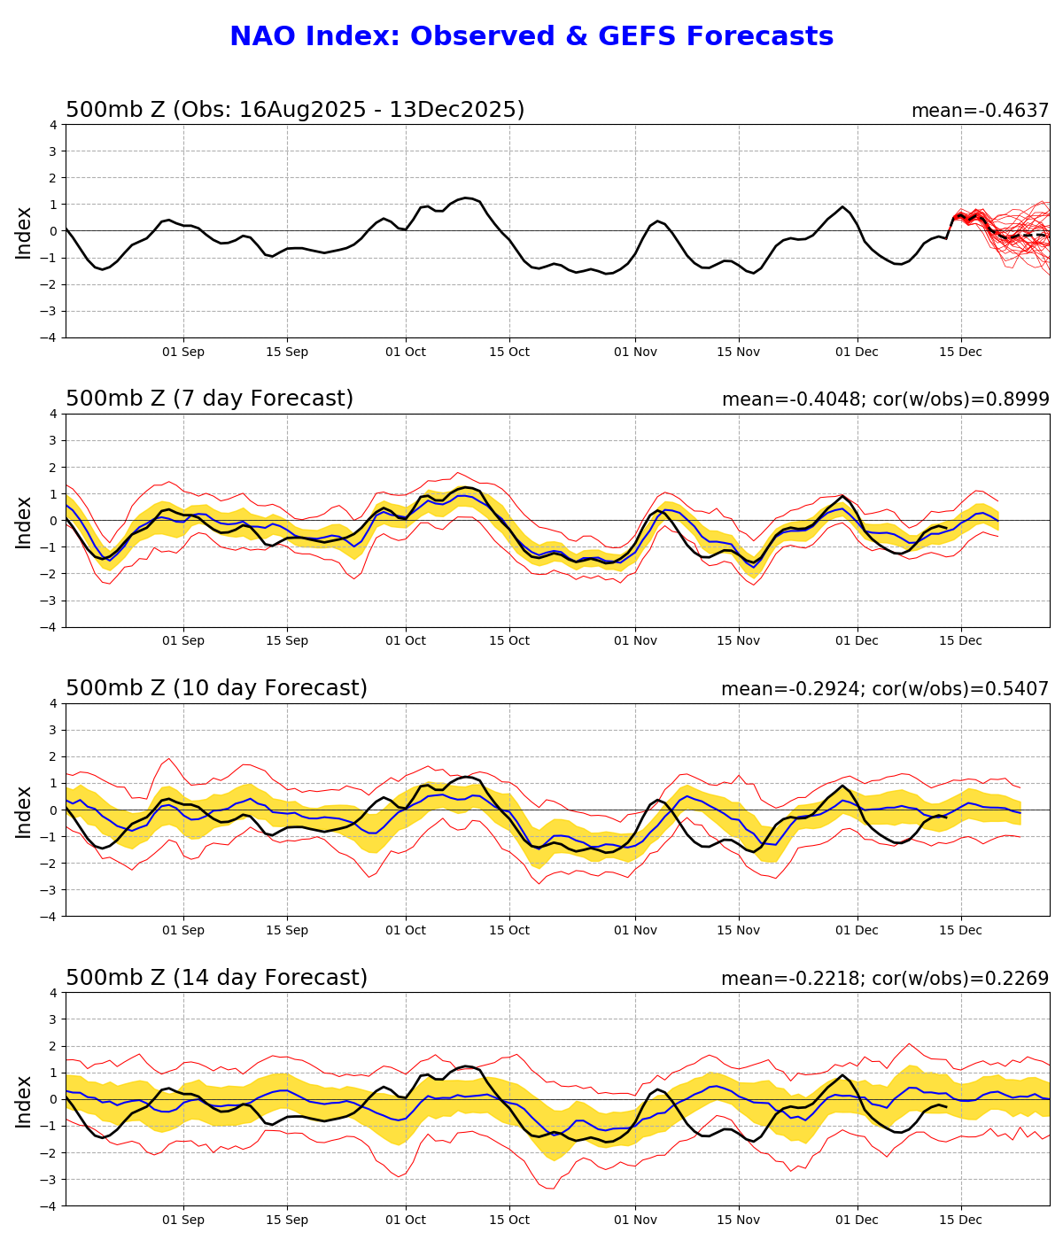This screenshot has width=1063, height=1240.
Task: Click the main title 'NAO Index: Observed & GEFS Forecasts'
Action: click(531, 37)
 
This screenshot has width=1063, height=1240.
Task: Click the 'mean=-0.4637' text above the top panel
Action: click(980, 111)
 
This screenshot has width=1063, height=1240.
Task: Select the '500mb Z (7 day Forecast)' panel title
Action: click(209, 399)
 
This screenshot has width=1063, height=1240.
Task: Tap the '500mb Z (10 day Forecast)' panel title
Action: click(216, 689)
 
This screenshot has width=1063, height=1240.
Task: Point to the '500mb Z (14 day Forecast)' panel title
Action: click(216, 979)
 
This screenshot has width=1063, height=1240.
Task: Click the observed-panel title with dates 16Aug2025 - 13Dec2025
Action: click(295, 111)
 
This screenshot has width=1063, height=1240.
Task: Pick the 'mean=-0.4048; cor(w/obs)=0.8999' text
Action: click(885, 399)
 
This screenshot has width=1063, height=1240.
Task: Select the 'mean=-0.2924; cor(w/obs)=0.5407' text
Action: click(884, 689)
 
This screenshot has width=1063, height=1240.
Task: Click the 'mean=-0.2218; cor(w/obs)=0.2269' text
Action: click(884, 979)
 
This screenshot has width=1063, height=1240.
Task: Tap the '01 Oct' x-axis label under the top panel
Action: click(406, 352)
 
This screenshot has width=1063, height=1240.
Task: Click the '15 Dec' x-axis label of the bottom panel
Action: click(960, 1220)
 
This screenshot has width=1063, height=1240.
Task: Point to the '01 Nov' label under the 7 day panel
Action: click(635, 641)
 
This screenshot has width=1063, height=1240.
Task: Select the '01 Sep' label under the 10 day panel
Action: click(183, 930)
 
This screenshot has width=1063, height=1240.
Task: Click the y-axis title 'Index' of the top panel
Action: click(24, 232)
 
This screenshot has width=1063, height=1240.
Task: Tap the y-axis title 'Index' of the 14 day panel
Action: click(24, 1101)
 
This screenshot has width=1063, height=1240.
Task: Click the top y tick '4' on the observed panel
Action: click(53, 125)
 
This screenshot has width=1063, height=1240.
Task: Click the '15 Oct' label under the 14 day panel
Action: click(508, 1220)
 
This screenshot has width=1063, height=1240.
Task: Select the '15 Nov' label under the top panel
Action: click(738, 352)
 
